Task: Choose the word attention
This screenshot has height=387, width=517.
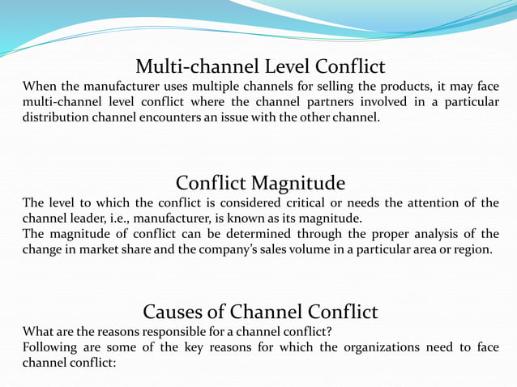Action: [418, 202]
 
